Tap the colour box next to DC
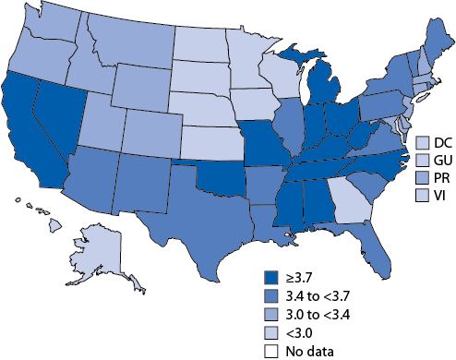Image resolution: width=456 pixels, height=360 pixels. coord(423,142)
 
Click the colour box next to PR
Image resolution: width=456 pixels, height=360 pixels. coord(423,175)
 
